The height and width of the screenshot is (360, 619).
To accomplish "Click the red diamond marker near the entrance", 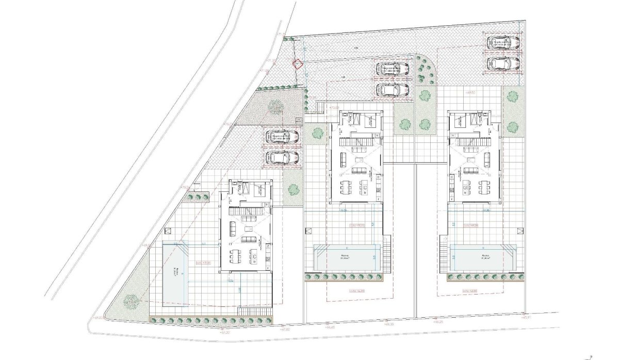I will tap(297, 64).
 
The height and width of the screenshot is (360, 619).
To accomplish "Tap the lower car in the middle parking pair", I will tap(393, 90).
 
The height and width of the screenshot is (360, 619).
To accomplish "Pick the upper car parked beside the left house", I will tap(282, 137).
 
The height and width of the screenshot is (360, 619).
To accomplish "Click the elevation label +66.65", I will tap(329, 327).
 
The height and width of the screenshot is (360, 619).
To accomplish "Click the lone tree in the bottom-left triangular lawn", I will tap(132, 299).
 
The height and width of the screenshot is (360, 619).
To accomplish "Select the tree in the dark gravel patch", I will tap(275, 105).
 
